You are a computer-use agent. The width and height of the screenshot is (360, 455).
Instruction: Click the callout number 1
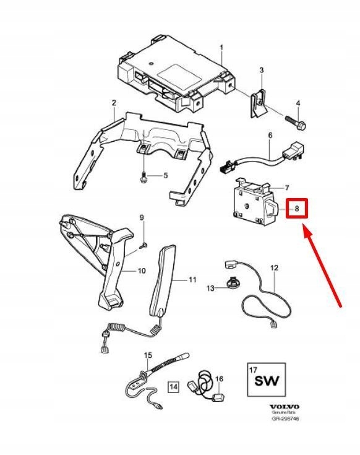coord(222,48)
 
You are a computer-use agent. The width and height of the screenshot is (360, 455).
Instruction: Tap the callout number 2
coord(114,102)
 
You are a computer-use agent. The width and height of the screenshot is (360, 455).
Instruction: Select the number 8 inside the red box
coord(297,209)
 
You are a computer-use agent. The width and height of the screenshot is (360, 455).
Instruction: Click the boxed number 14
coord(173,387)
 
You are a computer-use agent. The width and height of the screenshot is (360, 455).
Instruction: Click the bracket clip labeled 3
coord(259,102)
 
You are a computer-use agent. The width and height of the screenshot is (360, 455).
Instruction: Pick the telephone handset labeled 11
coord(161,282)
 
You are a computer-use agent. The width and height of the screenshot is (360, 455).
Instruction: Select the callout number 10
coord(141,271)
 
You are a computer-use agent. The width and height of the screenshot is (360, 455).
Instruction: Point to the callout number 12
coord(274,269)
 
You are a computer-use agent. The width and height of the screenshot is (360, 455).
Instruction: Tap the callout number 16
coord(219,378)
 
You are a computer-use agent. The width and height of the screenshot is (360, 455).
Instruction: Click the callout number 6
coord(270,135)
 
